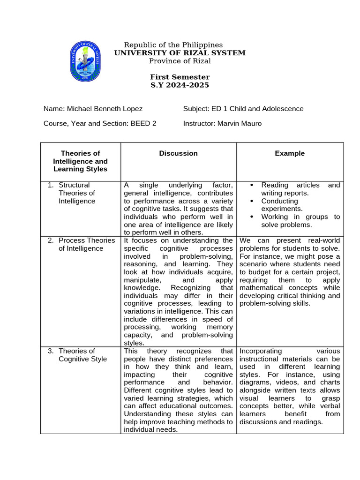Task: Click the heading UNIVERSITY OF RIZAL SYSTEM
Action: click(x=180, y=53)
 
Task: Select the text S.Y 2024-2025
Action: click(x=180, y=85)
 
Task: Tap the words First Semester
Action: click(x=180, y=77)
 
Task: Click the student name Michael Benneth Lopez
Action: click(x=105, y=109)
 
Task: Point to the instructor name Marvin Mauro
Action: click(x=239, y=124)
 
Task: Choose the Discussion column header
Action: click(x=178, y=153)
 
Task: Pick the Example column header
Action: click(x=290, y=153)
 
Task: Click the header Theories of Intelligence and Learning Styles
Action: click(x=81, y=161)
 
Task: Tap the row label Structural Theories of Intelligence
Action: click(x=77, y=193)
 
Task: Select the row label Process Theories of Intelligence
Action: click(x=87, y=244)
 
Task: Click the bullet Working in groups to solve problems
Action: click(x=300, y=221)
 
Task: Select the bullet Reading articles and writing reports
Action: click(x=300, y=189)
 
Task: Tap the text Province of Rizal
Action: click(x=180, y=61)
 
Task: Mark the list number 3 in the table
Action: click(x=50, y=351)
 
